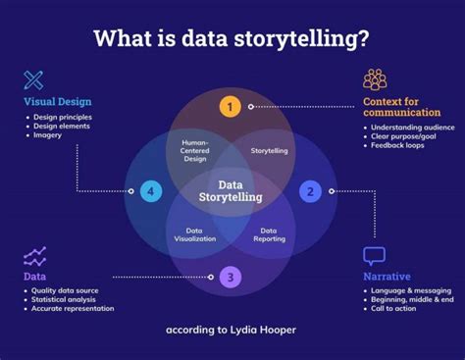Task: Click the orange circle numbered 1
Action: [230, 106]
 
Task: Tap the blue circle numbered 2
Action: [310, 191]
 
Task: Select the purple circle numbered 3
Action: [231, 278]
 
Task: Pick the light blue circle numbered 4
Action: [150, 191]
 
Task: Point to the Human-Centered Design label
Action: [195, 151]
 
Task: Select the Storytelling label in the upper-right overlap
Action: [269, 151]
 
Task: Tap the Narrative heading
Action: [387, 277]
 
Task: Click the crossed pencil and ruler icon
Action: [34, 80]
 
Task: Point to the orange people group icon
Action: [375, 79]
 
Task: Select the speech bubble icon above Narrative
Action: [375, 256]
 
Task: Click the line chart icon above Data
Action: [35, 257]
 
